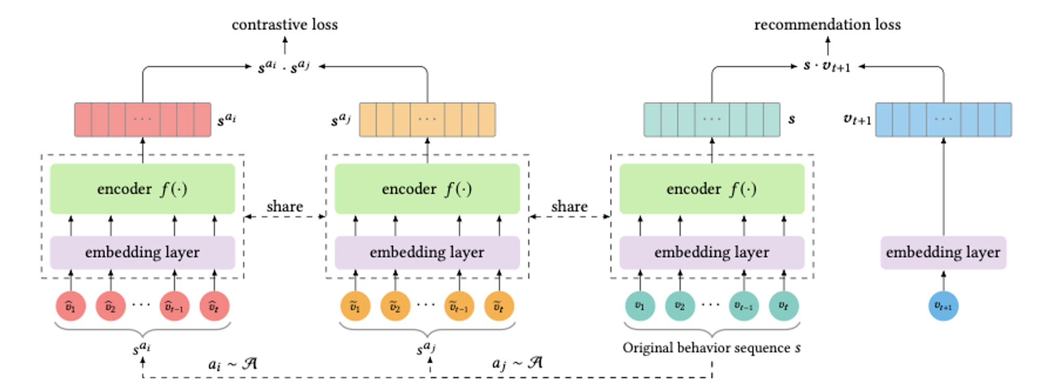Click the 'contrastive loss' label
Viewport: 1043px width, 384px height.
285,25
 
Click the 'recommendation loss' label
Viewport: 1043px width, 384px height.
828,25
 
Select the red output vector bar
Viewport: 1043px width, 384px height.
143,119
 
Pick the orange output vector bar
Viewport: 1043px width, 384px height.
428,119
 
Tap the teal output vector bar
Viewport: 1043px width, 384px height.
712,119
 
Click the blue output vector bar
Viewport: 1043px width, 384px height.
943,119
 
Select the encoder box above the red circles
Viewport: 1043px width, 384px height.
142,189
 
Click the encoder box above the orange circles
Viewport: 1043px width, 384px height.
427,189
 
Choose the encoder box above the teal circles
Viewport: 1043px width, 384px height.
712,189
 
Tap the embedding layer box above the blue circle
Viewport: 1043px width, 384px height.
943,253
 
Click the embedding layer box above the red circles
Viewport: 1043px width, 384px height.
142,253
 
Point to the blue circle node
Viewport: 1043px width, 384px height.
943,306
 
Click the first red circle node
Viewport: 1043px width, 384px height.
71,306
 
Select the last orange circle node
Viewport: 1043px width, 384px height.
499,306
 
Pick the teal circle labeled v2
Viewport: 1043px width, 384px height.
680,306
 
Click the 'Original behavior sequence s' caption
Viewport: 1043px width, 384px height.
711,348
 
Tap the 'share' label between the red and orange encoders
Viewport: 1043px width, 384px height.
285,207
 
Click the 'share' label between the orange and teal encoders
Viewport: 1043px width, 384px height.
569,207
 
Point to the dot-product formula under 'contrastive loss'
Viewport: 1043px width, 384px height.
284,67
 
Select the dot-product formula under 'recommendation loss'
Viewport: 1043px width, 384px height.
827,66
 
